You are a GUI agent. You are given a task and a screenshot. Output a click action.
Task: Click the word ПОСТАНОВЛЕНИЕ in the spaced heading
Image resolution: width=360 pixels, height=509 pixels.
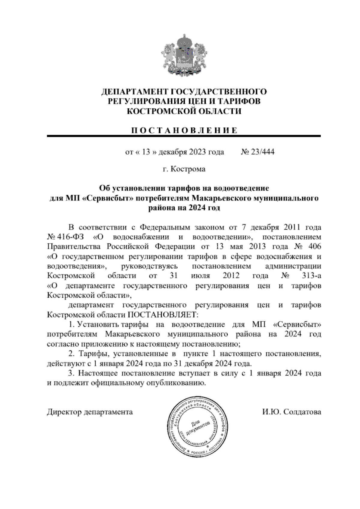click(x=184, y=130)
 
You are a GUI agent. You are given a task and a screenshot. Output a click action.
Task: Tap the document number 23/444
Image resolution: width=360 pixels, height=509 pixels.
click(x=263, y=152)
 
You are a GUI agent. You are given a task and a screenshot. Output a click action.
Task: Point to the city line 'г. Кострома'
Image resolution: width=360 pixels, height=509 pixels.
click(x=184, y=169)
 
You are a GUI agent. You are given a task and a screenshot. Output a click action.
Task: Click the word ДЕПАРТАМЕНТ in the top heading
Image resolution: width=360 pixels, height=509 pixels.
click(x=131, y=91)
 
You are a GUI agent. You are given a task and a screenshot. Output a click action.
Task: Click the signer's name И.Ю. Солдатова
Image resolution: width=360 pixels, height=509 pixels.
click(x=291, y=412)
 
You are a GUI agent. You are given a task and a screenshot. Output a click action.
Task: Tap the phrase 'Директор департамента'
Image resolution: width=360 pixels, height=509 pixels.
click(x=90, y=412)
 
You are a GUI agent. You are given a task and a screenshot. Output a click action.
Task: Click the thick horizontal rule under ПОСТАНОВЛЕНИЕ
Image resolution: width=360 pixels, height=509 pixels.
click(x=184, y=136)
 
